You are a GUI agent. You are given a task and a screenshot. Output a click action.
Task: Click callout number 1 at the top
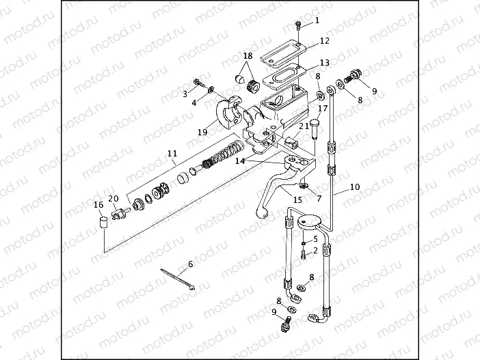317,20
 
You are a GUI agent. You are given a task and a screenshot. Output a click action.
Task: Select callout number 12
324,41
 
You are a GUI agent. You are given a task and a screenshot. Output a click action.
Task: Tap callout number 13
324,63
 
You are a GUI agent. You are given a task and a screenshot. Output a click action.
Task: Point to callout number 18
248,55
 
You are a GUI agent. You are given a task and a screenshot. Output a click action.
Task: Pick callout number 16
99,204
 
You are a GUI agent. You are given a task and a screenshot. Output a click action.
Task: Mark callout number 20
114,199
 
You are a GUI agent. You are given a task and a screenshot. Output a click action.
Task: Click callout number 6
190,264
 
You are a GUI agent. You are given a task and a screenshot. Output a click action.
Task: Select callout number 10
354,186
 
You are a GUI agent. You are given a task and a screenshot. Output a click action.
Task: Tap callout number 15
297,199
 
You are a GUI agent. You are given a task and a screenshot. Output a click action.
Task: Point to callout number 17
323,108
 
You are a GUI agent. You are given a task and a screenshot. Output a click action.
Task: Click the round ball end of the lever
261,213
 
